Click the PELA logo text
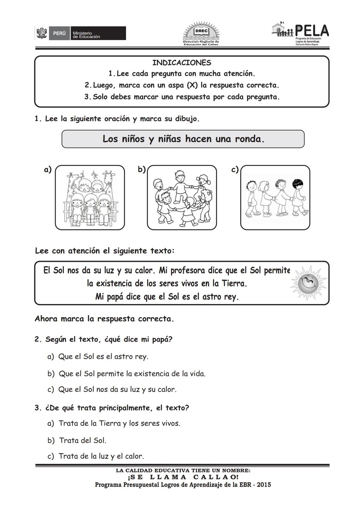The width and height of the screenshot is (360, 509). coord(311,31)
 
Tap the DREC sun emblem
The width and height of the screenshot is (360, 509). coord(201,33)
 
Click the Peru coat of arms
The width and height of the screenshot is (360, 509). coord(42,34)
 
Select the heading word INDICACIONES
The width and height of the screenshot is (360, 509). coord(182,63)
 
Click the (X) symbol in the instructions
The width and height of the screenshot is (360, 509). coord(192,85)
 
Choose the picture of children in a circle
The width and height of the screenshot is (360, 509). coord(182,198)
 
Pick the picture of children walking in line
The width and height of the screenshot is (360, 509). coord(275,198)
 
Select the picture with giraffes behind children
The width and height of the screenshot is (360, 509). coord(90,198)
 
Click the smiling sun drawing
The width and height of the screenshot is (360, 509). coord(308,283)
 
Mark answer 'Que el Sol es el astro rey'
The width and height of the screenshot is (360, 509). coord(103,356)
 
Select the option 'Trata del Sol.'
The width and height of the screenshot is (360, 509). coord(82,440)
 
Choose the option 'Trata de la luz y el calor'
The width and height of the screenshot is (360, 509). coord(101,456)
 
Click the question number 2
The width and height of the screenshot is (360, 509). coord(37,340)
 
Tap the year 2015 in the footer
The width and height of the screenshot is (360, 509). coord(263,485)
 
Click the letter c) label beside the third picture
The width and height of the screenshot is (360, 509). coord(235,170)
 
